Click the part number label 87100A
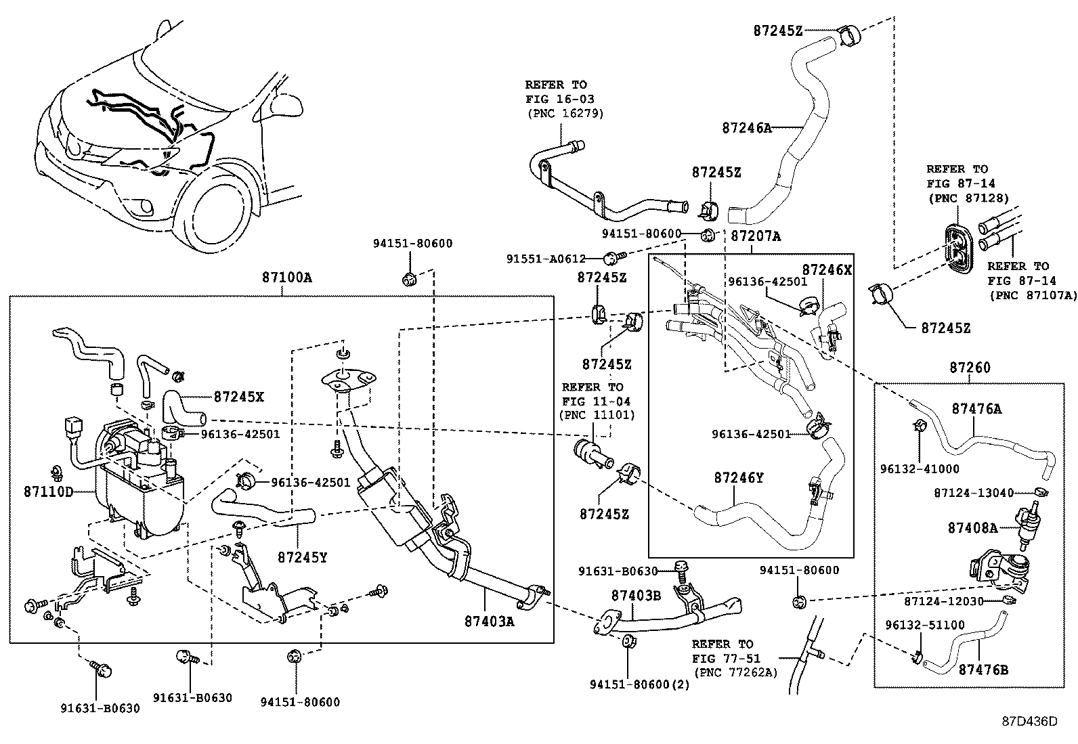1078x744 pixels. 287,277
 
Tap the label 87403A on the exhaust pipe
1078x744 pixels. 489,620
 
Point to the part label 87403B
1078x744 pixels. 636,595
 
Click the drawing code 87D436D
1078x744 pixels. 1029,721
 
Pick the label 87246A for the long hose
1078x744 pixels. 747,127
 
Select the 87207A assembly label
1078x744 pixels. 756,236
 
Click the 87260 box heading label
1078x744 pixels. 970,368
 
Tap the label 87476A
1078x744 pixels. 976,408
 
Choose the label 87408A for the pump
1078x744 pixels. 972,527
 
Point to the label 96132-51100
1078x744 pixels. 925,625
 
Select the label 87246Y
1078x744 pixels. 738,478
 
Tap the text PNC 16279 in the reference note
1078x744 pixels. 565,113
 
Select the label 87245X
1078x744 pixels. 238,397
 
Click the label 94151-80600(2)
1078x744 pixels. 639,684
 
